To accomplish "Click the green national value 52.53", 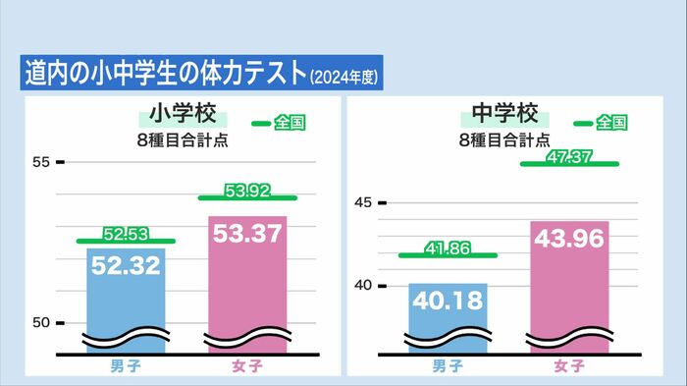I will (x=126, y=234).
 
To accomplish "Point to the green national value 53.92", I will (x=247, y=191).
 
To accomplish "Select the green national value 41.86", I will (x=447, y=248).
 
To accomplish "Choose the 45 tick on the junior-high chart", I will (x=362, y=203).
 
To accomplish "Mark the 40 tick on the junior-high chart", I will (x=362, y=286).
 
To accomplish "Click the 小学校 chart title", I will (x=184, y=112).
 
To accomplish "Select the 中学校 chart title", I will (x=505, y=112).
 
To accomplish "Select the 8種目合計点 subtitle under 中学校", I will (x=505, y=138).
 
